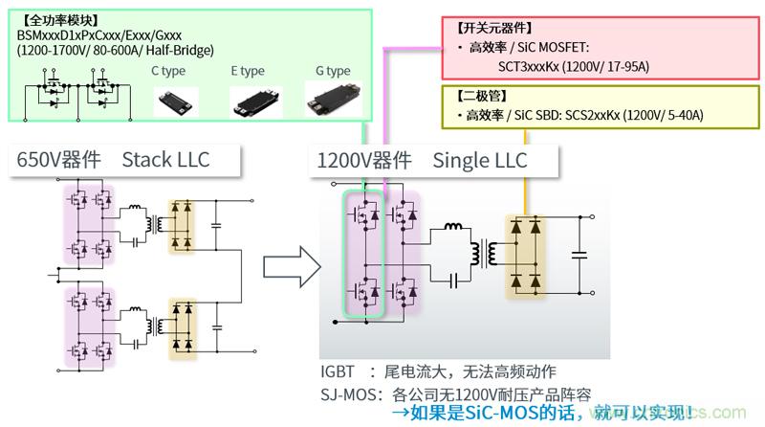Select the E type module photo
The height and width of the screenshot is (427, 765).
point(256,101)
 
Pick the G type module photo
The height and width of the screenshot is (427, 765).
point(330,98)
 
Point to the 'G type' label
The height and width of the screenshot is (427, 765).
point(333,72)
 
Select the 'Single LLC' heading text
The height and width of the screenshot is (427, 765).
point(480,160)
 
